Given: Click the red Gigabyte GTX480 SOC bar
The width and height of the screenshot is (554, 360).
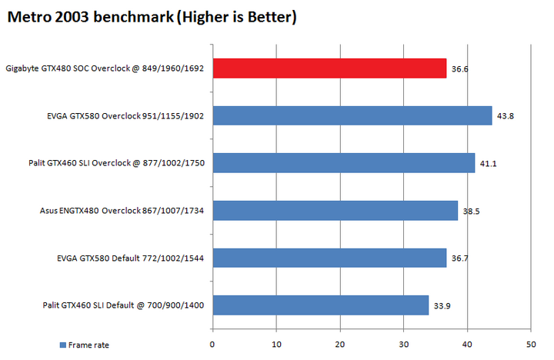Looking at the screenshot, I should [329, 68].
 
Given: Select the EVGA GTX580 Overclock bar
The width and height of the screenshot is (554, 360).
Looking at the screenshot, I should [352, 115].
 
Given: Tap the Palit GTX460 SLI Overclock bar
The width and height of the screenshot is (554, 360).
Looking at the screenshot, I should [343, 163].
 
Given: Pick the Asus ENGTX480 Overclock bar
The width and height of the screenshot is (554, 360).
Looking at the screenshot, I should [335, 211].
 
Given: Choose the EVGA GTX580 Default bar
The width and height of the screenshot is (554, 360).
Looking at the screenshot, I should [329, 258].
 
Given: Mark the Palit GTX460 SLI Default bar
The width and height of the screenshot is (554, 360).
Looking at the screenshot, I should [320, 305].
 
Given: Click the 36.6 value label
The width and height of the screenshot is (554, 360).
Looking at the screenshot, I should [460, 69].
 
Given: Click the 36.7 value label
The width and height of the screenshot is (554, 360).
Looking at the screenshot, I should [460, 258].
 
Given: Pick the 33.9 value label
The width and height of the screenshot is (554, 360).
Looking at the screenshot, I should [442, 306].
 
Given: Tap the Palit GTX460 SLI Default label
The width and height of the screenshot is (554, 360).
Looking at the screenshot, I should [123, 305].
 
